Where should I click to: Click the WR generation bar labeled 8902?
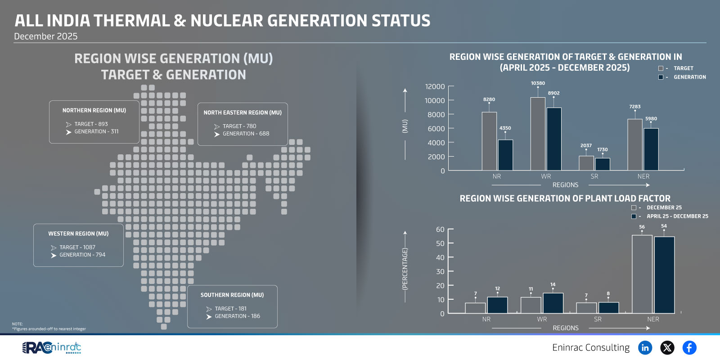point(554,139)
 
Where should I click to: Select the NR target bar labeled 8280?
point(489,141)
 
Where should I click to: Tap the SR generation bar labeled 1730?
point(603,164)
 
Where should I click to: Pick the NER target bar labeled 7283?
point(634,144)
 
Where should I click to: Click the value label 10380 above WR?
point(538,83)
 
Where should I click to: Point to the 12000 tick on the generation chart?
point(435,86)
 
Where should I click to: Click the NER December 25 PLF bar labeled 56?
point(642,274)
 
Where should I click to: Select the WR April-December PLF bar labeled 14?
point(553,303)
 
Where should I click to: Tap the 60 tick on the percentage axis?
point(440,229)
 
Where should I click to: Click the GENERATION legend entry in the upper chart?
point(689,77)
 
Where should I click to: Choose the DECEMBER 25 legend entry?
point(664,207)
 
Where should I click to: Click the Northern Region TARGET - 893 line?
point(91,124)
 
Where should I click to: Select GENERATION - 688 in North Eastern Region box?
point(246,134)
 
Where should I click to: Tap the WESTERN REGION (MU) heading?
point(78,234)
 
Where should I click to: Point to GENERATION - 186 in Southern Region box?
point(237,316)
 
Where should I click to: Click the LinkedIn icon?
point(645,347)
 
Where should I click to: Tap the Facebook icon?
point(689,347)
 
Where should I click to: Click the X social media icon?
point(667,347)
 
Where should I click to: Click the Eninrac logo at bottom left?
point(52,347)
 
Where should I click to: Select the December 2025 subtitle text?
point(45,36)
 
